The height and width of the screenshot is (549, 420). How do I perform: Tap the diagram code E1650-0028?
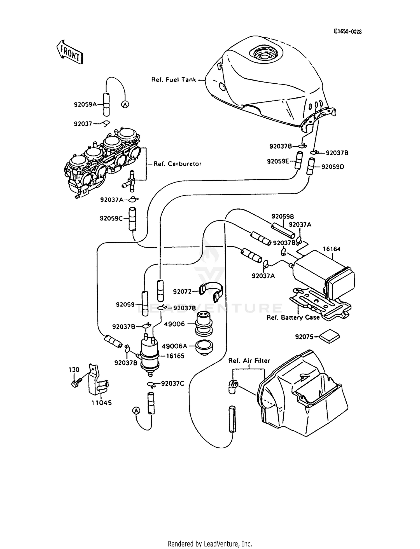[347, 32]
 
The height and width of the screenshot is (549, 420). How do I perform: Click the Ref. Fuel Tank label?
[174, 79]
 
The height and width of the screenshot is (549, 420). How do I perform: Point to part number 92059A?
[85, 104]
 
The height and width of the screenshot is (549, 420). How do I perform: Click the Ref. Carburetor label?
[177, 164]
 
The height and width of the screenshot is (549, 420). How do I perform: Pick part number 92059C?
[111, 218]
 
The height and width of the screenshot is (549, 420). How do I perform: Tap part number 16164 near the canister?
[332, 249]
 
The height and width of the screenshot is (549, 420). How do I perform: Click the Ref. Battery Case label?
[293, 317]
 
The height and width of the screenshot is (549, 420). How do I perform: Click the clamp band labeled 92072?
[213, 292]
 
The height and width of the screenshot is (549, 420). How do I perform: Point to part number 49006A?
[174, 346]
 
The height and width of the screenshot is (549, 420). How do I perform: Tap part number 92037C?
[172, 383]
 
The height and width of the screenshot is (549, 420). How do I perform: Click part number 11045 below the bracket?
[101, 403]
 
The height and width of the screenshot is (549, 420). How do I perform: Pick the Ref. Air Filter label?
[249, 361]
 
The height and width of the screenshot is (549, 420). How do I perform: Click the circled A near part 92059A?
[125, 104]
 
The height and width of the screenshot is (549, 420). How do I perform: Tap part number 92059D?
[333, 167]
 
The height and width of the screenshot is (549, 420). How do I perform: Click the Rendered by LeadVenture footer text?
[210, 544]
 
